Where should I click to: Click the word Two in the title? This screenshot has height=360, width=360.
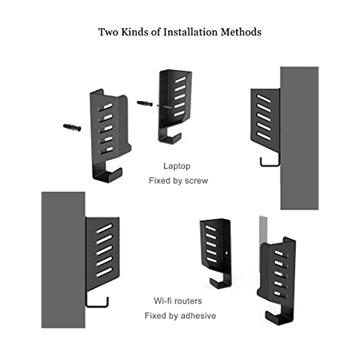(108, 32)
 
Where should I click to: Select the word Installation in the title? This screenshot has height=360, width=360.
(190, 32)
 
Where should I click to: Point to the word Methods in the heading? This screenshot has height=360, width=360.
(241, 32)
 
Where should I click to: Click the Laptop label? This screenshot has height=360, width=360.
(177, 166)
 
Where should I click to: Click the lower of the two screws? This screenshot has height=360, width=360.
(72, 127)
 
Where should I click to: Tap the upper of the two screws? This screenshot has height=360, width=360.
(145, 103)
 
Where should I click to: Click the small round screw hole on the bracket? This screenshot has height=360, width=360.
(226, 253)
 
